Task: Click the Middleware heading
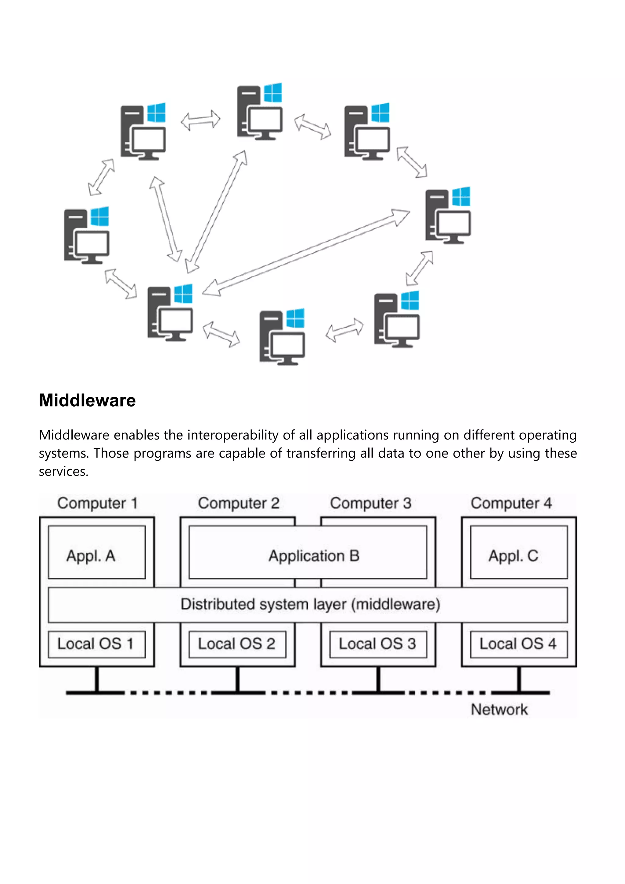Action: click(x=87, y=400)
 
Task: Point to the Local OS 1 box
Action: click(x=97, y=644)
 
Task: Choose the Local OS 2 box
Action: click(x=237, y=644)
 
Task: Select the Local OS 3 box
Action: click(x=378, y=644)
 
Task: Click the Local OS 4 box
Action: click(x=518, y=644)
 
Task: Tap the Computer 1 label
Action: click(x=97, y=503)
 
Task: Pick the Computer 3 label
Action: click(x=370, y=503)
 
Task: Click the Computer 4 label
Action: click(x=511, y=503)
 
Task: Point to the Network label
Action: click(x=499, y=710)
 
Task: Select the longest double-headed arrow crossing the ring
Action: click(x=306, y=252)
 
